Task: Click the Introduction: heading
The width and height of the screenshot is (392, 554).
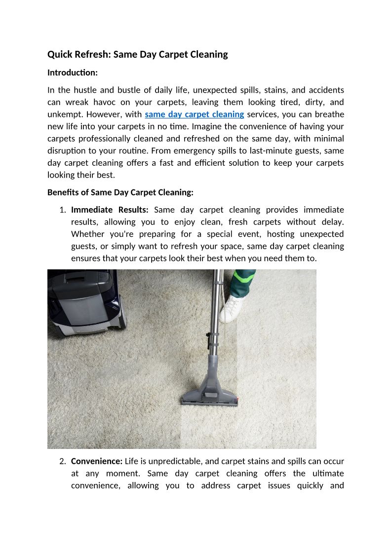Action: click(73, 73)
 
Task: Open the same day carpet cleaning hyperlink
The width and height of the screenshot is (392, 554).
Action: click(195, 114)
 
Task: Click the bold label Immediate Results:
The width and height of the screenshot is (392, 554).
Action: click(110, 210)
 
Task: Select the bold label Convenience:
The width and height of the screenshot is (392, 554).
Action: click(97, 461)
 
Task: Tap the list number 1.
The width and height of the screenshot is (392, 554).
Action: click(62, 210)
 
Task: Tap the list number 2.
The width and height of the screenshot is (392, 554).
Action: click(62, 461)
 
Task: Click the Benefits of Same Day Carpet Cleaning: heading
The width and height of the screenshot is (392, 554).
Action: click(120, 192)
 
